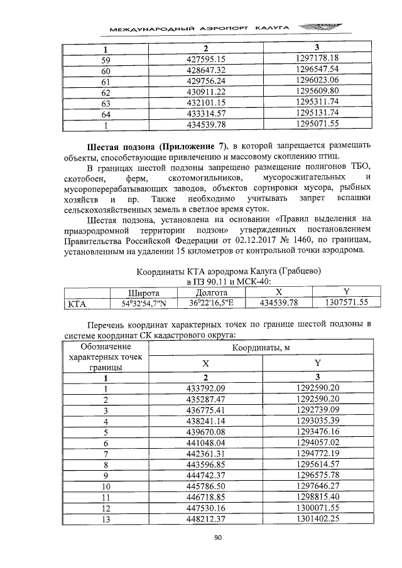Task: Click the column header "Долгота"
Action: [211, 292]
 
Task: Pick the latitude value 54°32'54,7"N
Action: [143, 303]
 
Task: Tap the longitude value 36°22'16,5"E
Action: [211, 303]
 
